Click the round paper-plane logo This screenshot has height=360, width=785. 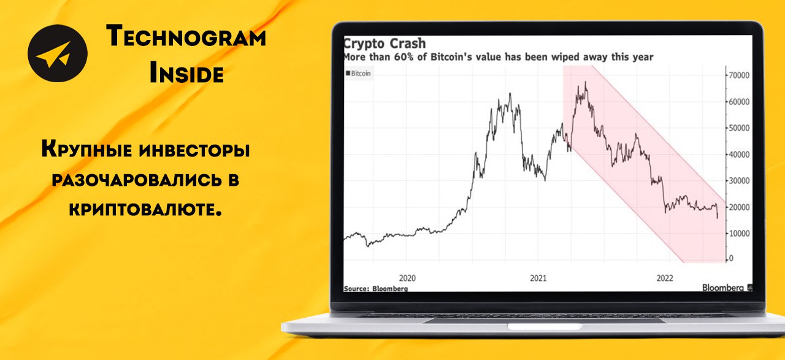[x=58, y=53]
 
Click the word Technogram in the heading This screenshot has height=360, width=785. [x=186, y=36]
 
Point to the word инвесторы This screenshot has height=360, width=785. [x=194, y=150]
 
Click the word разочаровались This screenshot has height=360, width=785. [x=137, y=180]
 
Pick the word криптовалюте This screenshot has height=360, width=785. [x=145, y=209]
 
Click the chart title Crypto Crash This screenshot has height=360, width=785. [x=385, y=44]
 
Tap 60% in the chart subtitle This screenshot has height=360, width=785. [x=404, y=57]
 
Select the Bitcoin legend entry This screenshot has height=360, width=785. [x=358, y=73]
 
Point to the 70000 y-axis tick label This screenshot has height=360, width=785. [x=739, y=75]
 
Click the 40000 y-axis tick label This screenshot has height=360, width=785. [x=739, y=154]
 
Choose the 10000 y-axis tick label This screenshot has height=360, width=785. [x=739, y=234]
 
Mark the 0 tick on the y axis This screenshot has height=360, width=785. [x=731, y=258]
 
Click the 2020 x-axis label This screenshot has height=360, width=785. [x=407, y=278]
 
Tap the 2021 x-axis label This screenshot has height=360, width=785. [x=538, y=278]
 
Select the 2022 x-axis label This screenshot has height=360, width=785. [x=665, y=278]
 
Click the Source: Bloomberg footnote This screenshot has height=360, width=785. [x=376, y=288]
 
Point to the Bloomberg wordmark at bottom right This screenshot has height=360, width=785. [x=722, y=288]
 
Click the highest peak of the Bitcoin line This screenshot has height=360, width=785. [x=585, y=82]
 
